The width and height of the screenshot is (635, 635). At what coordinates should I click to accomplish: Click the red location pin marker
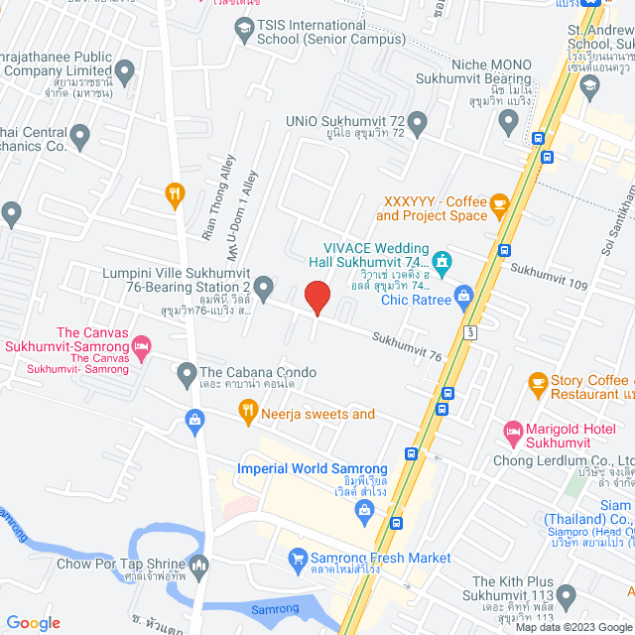(317, 298)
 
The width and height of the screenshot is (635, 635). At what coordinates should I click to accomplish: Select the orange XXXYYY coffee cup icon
(499, 205)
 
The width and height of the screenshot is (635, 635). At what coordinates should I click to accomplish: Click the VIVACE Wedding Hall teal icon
(442, 263)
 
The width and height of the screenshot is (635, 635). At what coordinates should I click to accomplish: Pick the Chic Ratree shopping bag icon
(463, 295)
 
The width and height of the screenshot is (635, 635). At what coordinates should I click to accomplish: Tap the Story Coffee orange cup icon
(538, 382)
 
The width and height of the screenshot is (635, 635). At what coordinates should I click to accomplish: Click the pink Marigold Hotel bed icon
(513, 430)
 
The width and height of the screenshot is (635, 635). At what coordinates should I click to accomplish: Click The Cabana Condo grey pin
(187, 374)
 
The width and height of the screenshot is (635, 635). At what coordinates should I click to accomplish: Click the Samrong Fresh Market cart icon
(297, 560)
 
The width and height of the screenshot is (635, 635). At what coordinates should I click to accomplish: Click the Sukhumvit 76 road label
(407, 346)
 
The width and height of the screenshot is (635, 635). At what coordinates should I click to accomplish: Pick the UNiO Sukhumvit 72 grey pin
(418, 123)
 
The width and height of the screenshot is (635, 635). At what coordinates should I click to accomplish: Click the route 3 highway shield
(468, 327)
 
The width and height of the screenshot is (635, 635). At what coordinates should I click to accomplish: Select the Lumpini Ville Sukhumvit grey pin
(264, 289)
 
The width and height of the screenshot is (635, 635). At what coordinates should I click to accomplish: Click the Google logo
(34, 622)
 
